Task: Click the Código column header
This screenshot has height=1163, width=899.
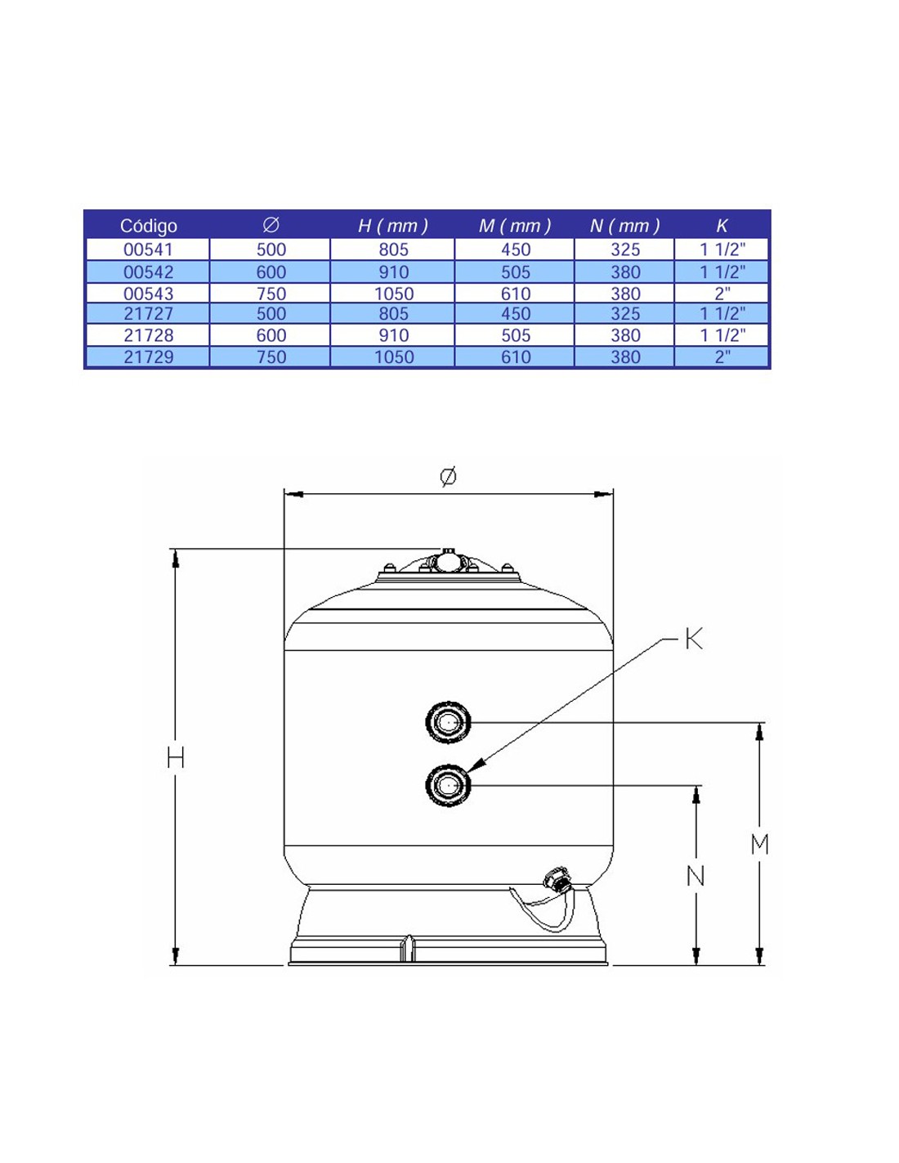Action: coord(148,226)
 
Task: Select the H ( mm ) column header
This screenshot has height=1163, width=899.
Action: coord(393,226)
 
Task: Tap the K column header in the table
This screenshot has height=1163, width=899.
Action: coord(722,226)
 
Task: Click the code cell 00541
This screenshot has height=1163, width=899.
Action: coord(148,249)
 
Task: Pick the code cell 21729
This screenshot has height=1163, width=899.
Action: coord(148,357)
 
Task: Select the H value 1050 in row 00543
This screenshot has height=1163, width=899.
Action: coord(394,294)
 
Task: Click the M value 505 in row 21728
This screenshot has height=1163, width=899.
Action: coord(516,335)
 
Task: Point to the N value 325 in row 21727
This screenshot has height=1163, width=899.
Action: coord(625,313)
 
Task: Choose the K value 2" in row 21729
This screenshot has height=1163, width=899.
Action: coord(722,357)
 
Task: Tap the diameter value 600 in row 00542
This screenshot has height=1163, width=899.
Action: coord(271,272)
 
